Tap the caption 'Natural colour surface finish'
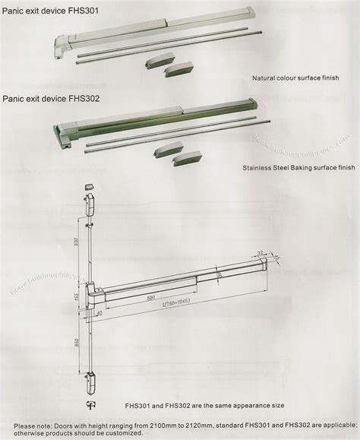click(x=295, y=78)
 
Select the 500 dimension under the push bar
click(x=152, y=299)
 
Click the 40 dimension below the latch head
click(x=99, y=312)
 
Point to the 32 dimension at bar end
click(x=261, y=252)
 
